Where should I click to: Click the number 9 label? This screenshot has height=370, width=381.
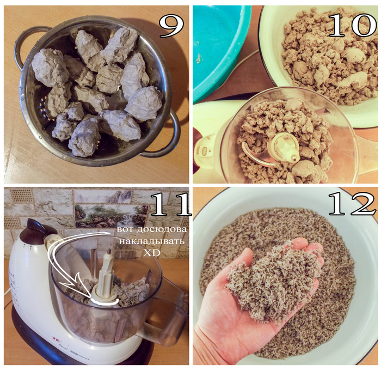click(x=171, y=25)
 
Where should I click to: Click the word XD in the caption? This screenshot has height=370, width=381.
click(x=152, y=253)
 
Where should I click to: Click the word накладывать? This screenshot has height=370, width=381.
click(x=151, y=242)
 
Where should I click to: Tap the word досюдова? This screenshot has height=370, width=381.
click(x=161, y=229)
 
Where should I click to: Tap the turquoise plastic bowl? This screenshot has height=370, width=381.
click(x=219, y=48)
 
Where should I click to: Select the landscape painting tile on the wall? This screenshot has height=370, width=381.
click(x=111, y=216)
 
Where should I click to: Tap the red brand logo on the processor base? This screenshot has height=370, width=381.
click(x=56, y=338)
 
